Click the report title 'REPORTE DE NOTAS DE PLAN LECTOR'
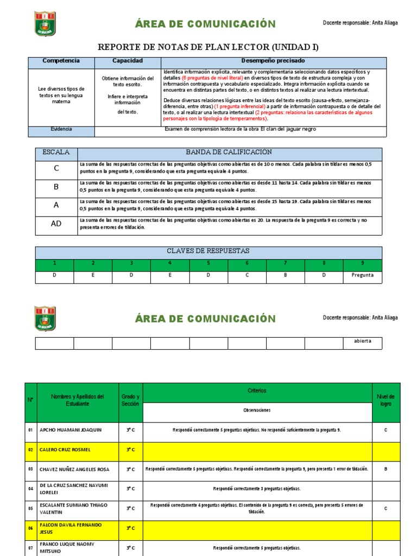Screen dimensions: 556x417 pyautogui.click(x=208, y=47)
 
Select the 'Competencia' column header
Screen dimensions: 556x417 pyautogui.click(x=61, y=61)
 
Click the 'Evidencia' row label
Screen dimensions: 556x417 pyautogui.click(x=61, y=129)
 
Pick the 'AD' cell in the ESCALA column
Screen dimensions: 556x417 pyautogui.click(x=56, y=224)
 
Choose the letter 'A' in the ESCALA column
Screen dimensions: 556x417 pyautogui.click(x=56, y=205)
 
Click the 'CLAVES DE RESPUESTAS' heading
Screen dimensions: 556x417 pyautogui.click(x=209, y=251)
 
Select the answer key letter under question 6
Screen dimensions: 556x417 pyautogui.click(x=247, y=275)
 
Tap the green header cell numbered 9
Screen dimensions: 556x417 pyautogui.click(x=363, y=263)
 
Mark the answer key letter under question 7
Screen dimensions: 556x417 pyautogui.click(x=286, y=275)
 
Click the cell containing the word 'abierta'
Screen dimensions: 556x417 pyautogui.click(x=363, y=342)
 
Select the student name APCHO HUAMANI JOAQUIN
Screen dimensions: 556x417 pyautogui.click(x=71, y=430)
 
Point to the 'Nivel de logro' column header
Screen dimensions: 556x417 pyautogui.click(x=386, y=400)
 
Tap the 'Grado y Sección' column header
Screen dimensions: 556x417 pyautogui.click(x=130, y=400)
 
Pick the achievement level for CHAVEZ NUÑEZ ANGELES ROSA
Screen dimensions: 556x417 pyautogui.click(x=386, y=469)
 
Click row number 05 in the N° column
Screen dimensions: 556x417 pyautogui.click(x=30, y=509)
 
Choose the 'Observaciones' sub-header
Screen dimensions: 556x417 pyautogui.click(x=257, y=410)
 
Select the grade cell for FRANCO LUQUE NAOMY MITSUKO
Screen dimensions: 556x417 pyautogui.click(x=130, y=547)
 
